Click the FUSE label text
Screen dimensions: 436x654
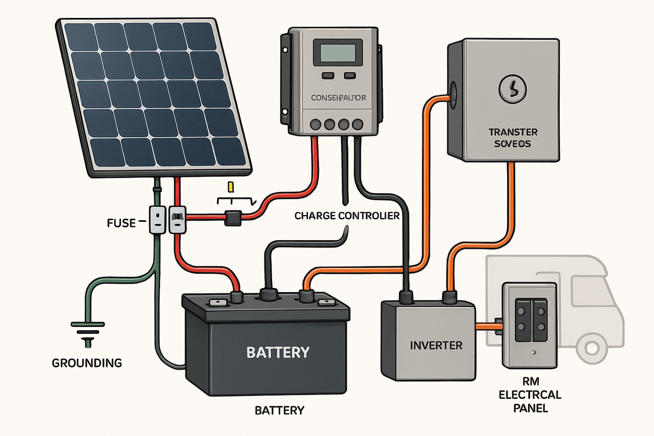pos(121,223)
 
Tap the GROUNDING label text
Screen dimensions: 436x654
pos(87,363)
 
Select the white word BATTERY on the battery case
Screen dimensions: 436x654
pos(278,352)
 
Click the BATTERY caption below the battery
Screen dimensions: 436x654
pos(279,410)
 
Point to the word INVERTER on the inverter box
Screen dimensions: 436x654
pos(436,346)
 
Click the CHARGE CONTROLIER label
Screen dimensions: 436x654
pos(347,216)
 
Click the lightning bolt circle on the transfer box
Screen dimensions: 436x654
pos(512,89)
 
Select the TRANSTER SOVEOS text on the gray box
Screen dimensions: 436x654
pos(513,138)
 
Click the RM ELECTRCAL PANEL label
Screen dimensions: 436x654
pos(530,395)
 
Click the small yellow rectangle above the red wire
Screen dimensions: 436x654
pos(231,187)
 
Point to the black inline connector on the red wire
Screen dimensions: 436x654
pos(233,217)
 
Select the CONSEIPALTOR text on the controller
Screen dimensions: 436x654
pos(338,98)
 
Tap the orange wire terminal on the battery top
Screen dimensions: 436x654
pos(307,296)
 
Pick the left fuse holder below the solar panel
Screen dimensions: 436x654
pos(157,220)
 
